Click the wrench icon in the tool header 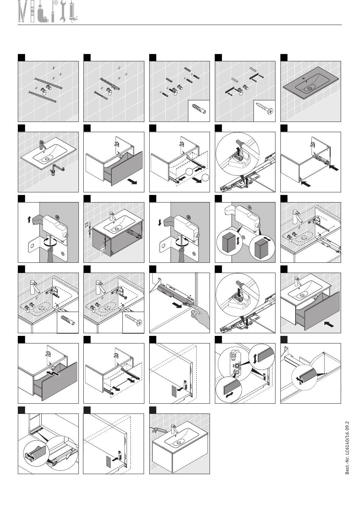pyautogui.click(x=63, y=11)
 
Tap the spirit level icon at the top pyautogui.click(x=33, y=11)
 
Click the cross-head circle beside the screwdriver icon pyautogui.click(x=56, y=3)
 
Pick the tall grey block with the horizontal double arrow pyautogui.click(x=261, y=249)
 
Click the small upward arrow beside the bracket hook pyautogui.click(x=29, y=220)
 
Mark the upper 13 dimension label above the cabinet pyautogui.click(x=87, y=225)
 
